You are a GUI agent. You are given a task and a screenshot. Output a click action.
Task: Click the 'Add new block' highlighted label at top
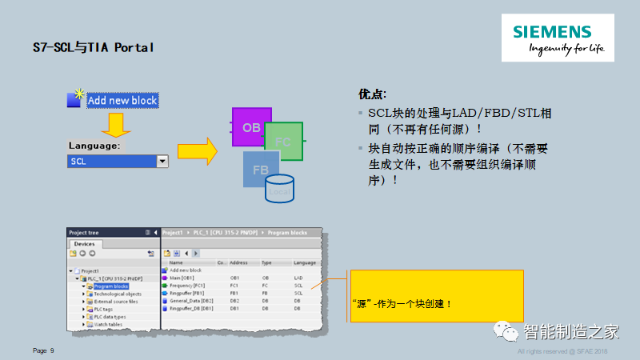(122, 101)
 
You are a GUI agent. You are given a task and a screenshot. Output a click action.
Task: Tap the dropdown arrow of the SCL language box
(162, 161)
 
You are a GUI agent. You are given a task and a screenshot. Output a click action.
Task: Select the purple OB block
(247, 127)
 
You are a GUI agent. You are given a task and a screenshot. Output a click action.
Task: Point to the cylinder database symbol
(280, 189)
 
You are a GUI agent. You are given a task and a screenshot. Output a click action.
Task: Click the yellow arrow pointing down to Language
(116, 125)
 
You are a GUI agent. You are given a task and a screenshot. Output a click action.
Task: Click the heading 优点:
(373, 94)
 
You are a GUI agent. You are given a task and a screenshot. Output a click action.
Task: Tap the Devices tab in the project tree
(84, 244)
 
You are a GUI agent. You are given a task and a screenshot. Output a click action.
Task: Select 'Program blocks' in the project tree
(111, 285)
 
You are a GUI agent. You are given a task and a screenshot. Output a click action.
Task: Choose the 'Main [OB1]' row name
(182, 278)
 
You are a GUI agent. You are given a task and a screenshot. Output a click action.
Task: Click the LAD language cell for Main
(298, 278)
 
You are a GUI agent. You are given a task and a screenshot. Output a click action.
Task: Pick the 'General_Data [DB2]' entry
(191, 300)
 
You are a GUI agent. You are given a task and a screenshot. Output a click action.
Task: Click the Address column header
(239, 262)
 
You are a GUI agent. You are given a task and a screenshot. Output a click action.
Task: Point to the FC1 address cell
(236, 285)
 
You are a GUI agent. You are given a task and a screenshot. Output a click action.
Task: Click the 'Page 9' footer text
(43, 350)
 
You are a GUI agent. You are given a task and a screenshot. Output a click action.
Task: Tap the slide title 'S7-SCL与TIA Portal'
(93, 47)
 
